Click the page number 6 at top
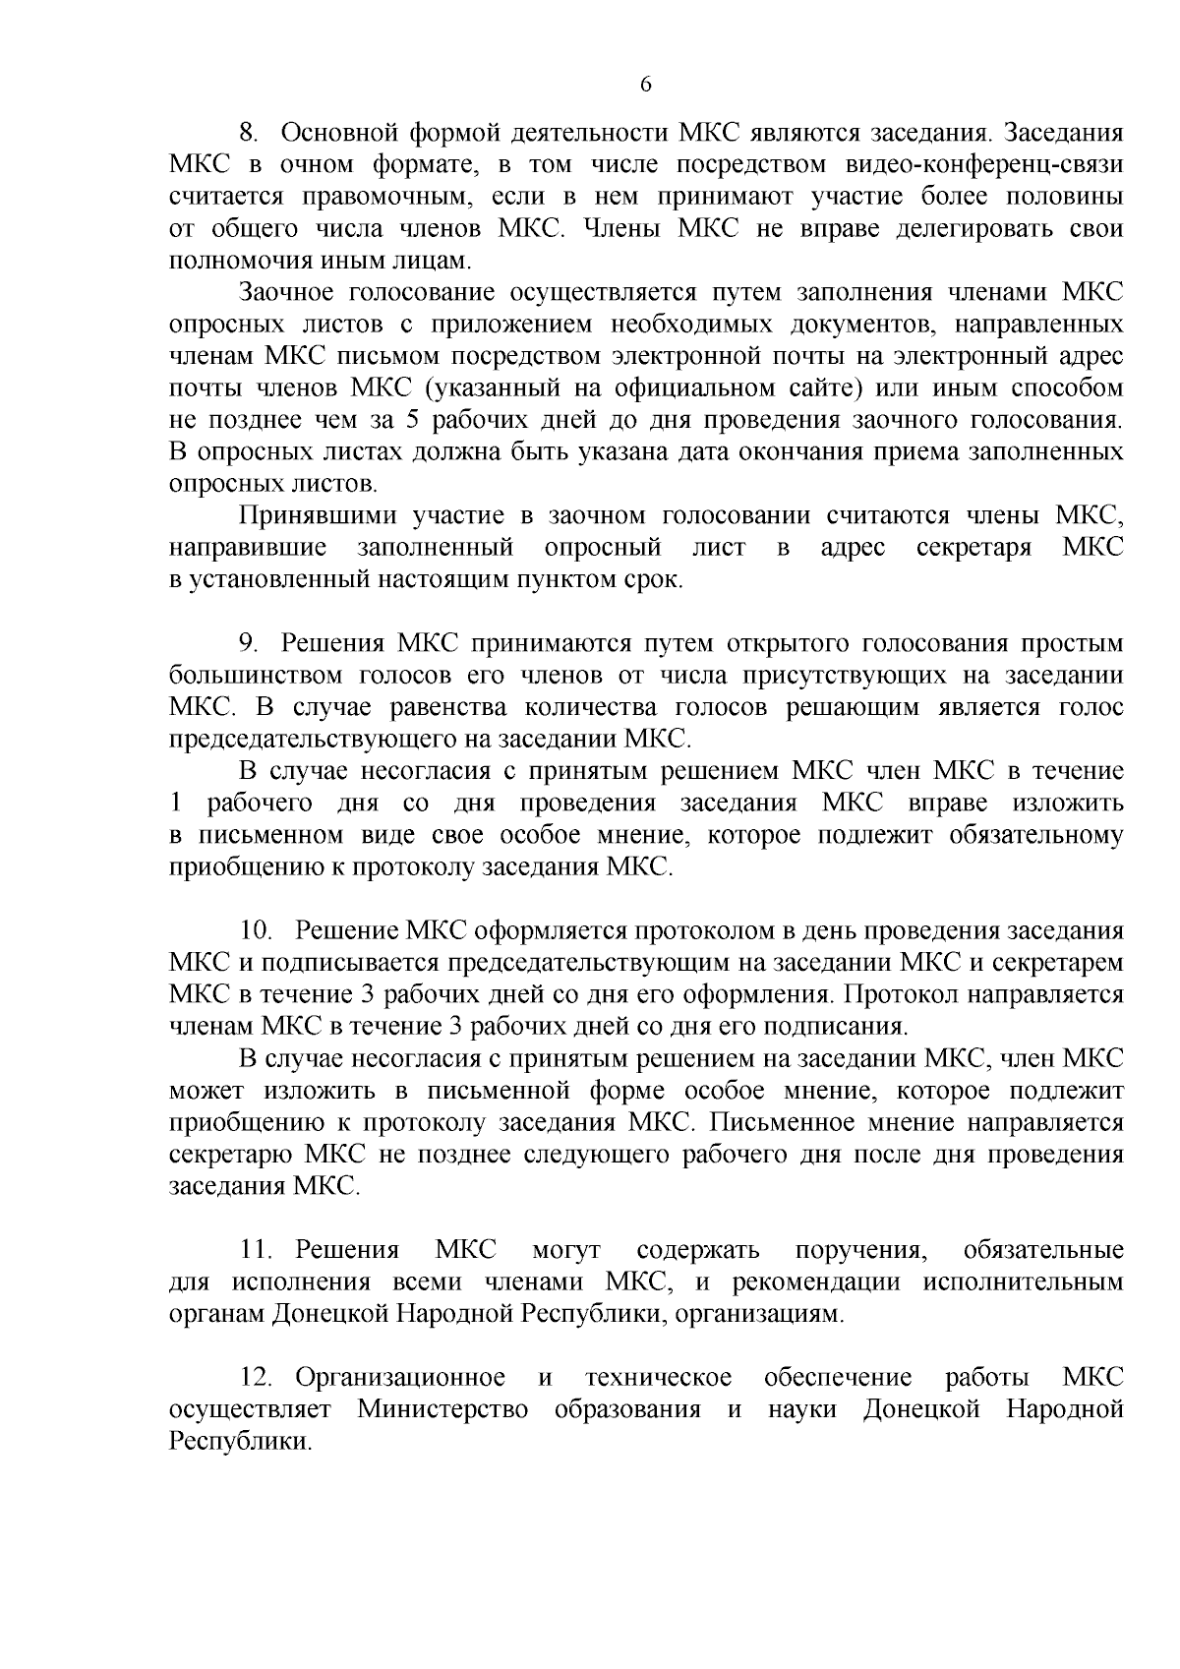[x=645, y=85]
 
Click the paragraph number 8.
[x=248, y=132]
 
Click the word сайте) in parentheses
[x=814, y=387]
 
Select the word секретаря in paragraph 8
[x=973, y=547]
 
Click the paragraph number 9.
[x=248, y=643]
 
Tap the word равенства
[x=448, y=707]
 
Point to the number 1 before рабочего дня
[x=175, y=804]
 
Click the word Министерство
[x=442, y=1409]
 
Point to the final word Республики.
[x=239, y=1442]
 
